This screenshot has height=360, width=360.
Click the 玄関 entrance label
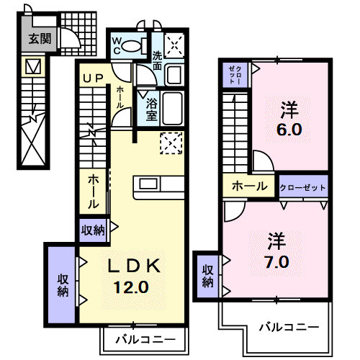point(40,40)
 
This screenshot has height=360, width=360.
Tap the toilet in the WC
point(133,46)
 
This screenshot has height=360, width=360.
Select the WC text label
point(117,45)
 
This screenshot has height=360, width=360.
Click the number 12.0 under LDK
point(130,286)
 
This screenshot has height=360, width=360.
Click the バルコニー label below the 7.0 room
point(289,326)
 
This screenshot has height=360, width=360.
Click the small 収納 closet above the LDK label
point(94,230)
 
